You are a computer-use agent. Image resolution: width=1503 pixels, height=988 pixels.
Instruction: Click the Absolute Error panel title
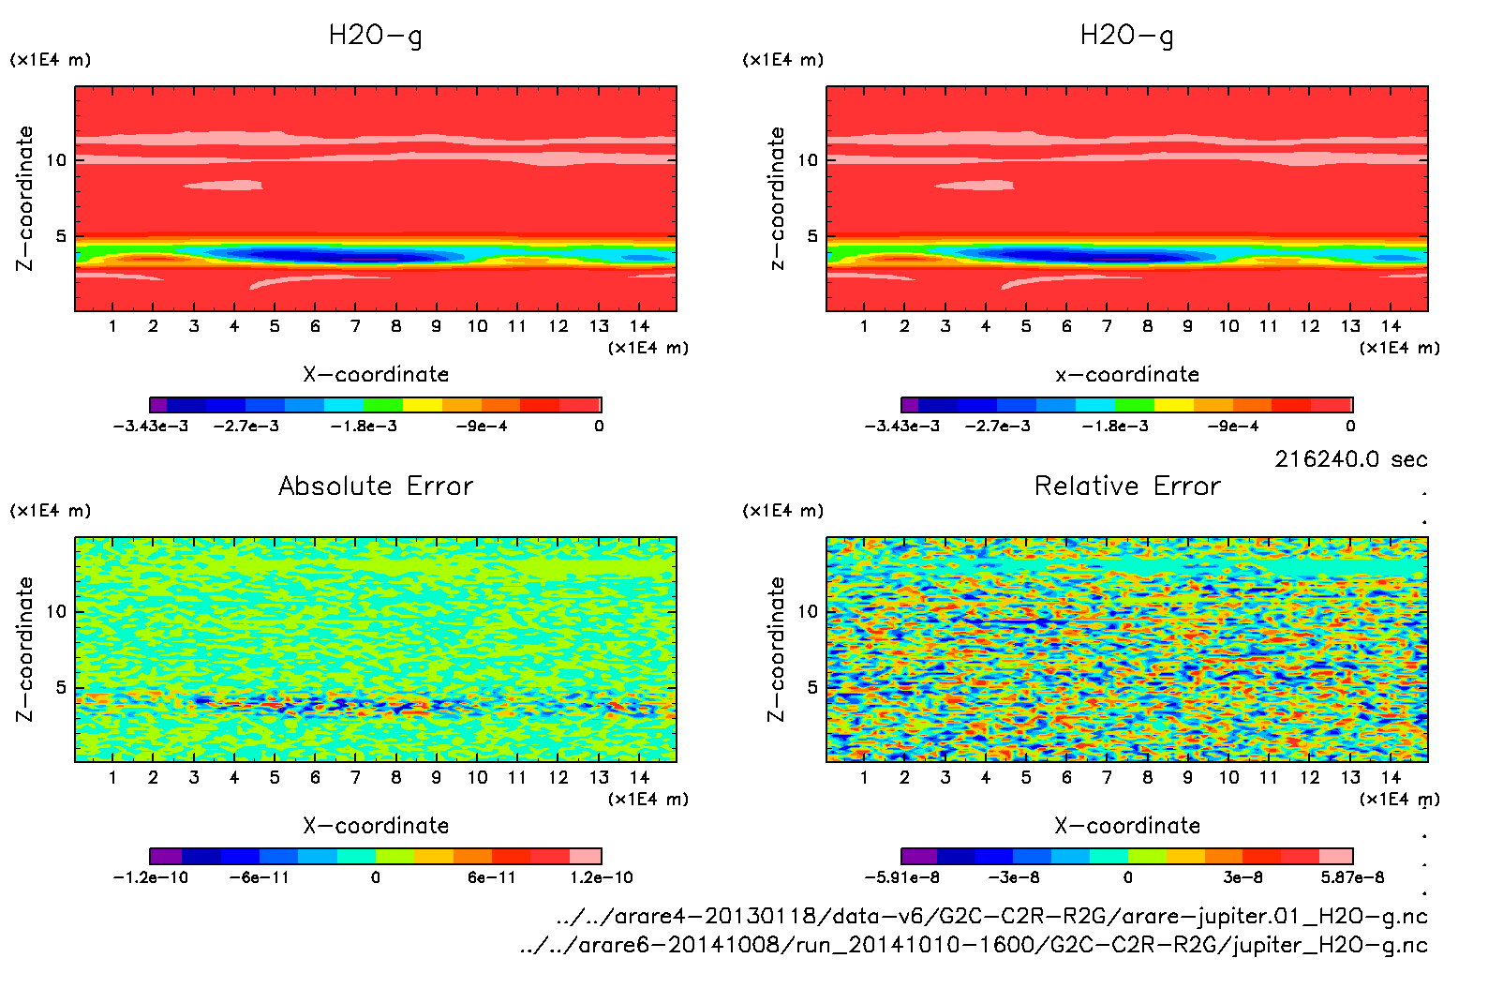tap(376, 486)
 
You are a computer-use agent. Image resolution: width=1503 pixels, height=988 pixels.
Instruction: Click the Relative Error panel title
tap(1127, 486)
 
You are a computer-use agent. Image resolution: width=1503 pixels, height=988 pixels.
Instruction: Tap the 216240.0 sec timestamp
tap(1350, 459)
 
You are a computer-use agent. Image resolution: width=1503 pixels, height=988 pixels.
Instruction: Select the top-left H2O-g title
tap(375, 36)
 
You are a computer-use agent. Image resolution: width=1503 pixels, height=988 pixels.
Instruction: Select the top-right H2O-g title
tap(1126, 36)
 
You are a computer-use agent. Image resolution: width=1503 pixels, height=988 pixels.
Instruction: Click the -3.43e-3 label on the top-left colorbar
tap(150, 426)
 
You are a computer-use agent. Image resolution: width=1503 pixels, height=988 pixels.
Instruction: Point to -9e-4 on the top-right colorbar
tap(1232, 426)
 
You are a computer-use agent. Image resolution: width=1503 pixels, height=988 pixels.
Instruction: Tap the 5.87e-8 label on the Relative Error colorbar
tap(1352, 877)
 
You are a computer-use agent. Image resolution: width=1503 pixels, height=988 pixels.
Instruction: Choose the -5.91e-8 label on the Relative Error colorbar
tap(901, 877)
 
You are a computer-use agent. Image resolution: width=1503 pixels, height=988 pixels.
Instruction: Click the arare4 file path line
tap(991, 916)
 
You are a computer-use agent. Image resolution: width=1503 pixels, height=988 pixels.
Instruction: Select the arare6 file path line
tap(974, 945)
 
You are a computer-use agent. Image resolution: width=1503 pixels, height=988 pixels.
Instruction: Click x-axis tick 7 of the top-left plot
tap(355, 326)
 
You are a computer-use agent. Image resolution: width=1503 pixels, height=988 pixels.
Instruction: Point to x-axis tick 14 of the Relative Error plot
tap(1391, 777)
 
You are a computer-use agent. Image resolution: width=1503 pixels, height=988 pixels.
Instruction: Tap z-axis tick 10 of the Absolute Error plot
tap(57, 611)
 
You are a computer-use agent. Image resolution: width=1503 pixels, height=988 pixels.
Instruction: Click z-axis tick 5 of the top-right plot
tap(812, 236)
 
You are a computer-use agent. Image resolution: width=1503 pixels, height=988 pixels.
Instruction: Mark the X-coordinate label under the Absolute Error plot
tap(376, 826)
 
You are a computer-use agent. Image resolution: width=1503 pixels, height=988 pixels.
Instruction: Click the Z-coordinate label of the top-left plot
tap(25, 199)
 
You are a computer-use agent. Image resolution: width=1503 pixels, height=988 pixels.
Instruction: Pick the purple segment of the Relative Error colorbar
tap(918, 856)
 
